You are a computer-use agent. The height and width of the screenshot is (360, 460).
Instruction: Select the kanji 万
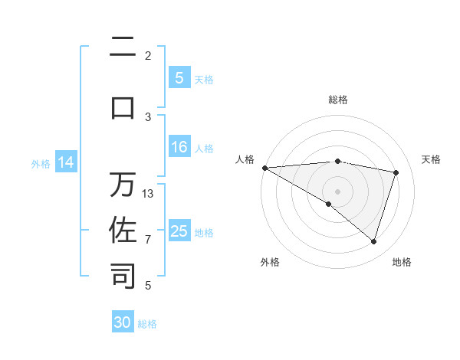(x=123, y=185)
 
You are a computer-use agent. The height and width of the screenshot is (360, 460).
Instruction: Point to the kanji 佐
(x=123, y=230)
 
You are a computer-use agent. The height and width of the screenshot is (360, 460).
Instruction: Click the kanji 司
(x=123, y=276)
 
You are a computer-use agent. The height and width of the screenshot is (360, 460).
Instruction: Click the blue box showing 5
(x=179, y=78)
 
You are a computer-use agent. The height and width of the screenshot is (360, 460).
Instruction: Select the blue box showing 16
(x=179, y=148)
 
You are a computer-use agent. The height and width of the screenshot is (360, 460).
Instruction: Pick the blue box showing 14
(x=66, y=163)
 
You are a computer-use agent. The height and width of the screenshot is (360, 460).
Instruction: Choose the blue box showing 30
(x=123, y=323)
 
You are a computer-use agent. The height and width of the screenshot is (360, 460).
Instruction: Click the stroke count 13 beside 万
(x=148, y=194)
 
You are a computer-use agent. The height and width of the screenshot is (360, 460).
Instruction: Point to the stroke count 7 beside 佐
(x=148, y=240)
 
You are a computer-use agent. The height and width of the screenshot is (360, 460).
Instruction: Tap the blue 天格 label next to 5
(x=204, y=79)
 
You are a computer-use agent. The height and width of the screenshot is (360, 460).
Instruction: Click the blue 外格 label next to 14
(x=41, y=164)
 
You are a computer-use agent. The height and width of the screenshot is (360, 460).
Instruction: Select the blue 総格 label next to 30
(x=147, y=324)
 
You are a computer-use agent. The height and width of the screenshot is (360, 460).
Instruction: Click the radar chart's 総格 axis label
(x=338, y=100)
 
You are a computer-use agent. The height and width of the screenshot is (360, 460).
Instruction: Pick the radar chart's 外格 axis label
(x=270, y=262)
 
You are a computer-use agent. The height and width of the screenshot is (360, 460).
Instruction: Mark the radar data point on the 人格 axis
(x=264, y=168)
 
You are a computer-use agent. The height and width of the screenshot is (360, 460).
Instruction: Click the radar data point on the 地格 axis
(x=373, y=242)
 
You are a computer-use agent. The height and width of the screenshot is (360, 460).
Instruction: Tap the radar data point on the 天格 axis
(x=396, y=172)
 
